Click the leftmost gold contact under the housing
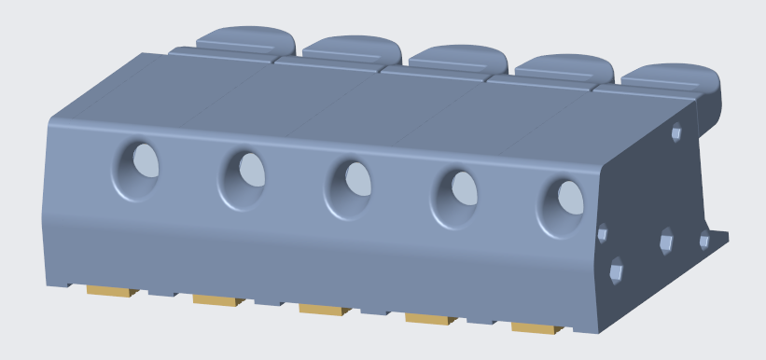point(111,291)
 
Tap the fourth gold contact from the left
point(429,318)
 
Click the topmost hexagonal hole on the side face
point(676,132)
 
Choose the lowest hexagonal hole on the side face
point(616,272)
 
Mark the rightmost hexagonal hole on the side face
point(704,242)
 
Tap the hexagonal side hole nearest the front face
point(603,233)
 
